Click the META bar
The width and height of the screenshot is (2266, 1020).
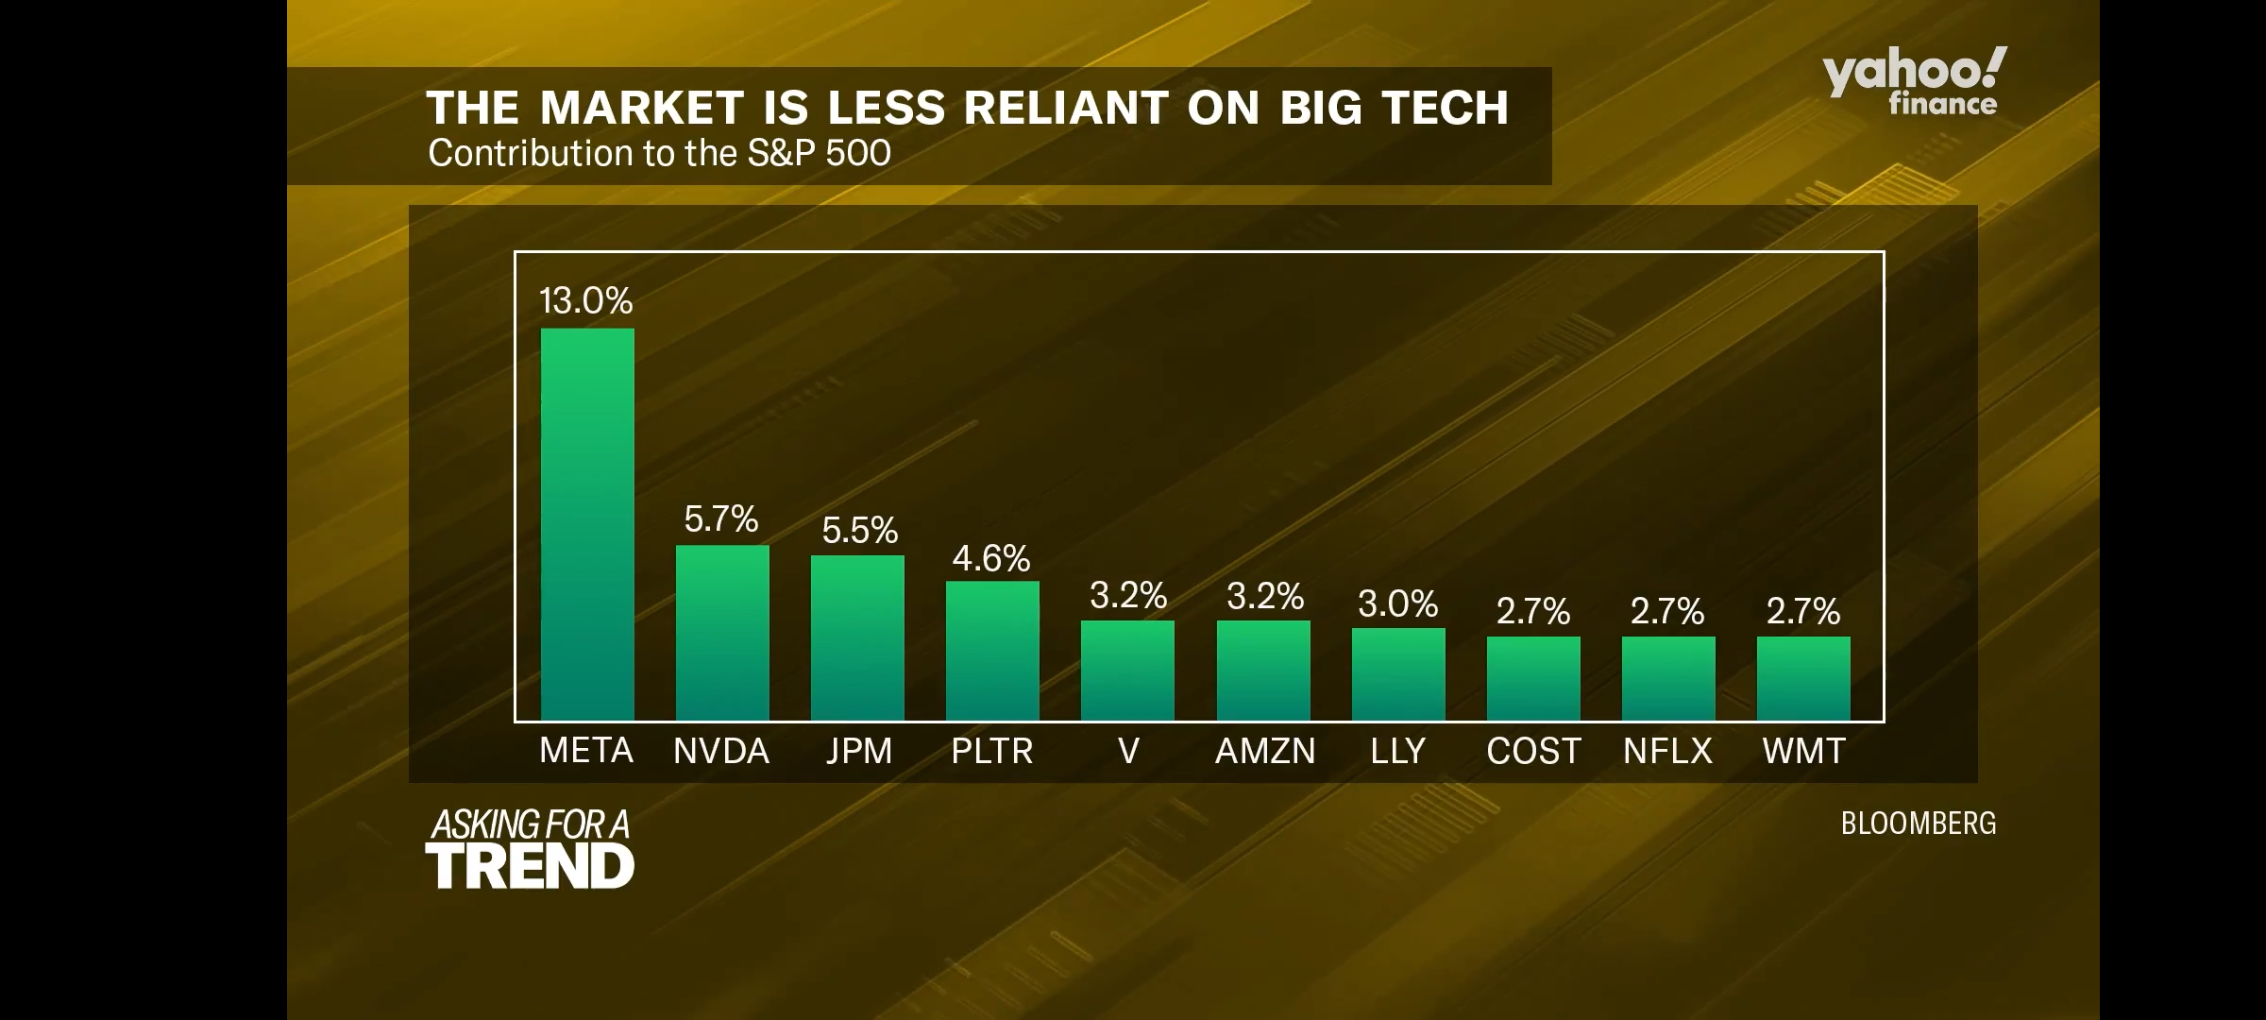(587, 524)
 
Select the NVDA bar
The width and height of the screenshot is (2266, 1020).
(722, 632)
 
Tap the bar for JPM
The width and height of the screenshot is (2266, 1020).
(857, 637)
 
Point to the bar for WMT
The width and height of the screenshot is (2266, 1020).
(1803, 677)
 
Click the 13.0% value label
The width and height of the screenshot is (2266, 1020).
(585, 300)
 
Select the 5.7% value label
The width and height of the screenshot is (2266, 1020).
(721, 518)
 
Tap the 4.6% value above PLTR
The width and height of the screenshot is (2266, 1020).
(990, 558)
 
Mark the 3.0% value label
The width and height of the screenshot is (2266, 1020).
(1397, 603)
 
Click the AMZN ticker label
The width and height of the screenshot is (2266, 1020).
(1264, 751)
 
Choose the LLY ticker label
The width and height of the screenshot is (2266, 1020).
(1397, 751)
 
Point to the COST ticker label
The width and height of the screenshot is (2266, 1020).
(1533, 751)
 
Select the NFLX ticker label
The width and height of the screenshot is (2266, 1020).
(1667, 751)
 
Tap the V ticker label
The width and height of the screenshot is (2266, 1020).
(1128, 751)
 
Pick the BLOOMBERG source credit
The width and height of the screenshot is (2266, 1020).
(1919, 824)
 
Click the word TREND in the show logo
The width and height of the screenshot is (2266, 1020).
(530, 866)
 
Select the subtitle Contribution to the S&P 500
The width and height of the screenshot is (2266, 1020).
(659, 153)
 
